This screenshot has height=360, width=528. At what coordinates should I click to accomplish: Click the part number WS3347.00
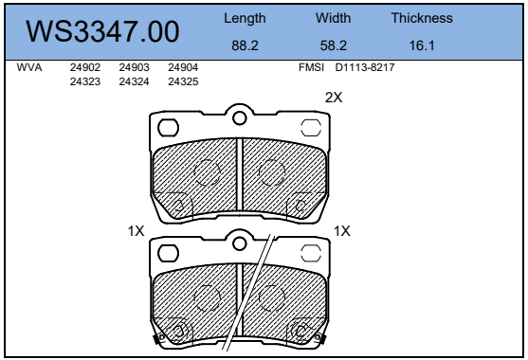click(102, 31)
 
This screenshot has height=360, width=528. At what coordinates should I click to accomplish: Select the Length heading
click(245, 19)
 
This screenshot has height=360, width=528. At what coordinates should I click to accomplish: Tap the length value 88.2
click(245, 45)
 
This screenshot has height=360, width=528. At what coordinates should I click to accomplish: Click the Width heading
click(333, 18)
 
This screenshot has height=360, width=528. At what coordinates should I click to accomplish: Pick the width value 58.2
click(334, 45)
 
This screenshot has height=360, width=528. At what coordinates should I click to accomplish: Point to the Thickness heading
click(422, 18)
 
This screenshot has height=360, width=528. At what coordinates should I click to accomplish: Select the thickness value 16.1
click(422, 45)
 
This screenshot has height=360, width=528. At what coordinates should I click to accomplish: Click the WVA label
click(29, 67)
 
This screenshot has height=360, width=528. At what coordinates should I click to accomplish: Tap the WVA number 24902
click(85, 67)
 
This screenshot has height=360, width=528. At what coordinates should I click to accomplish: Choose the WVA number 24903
click(134, 67)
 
